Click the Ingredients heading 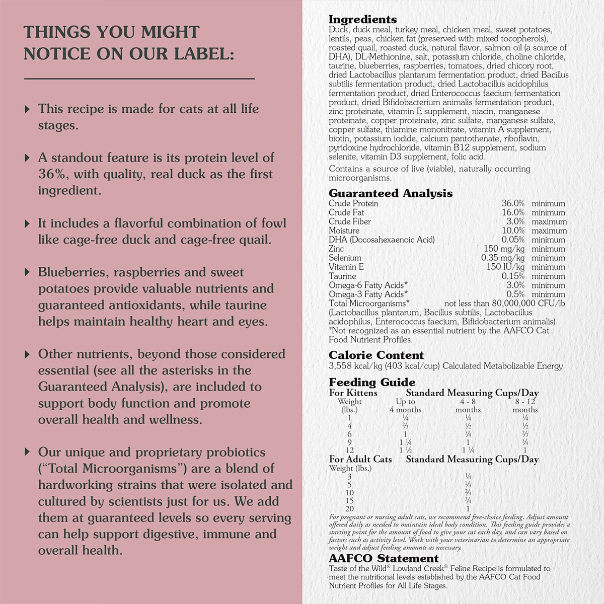[x=362, y=20]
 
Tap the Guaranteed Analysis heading [x=390, y=193]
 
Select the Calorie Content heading [x=376, y=355]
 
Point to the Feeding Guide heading [x=372, y=383]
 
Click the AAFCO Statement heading [x=384, y=558]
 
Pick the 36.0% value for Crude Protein [x=513, y=203]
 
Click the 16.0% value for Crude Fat [x=513, y=212]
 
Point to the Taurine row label [x=342, y=276]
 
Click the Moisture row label [x=344, y=231]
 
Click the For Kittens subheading [x=353, y=393]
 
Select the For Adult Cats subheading [x=360, y=459]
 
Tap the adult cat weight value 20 [x=349, y=509]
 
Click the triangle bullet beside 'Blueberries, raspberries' [x=27, y=272]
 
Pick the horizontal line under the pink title [x=139, y=79]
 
